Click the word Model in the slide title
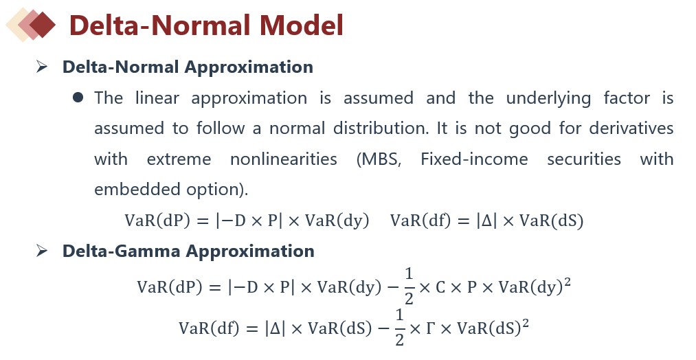302,25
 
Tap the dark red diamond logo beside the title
42,25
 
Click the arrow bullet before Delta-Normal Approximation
42,67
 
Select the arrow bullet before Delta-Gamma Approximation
42,251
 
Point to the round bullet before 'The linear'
78,97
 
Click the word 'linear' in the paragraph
157,98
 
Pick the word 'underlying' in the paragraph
549,98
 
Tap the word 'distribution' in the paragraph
381,128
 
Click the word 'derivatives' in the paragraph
631,128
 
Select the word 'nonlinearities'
284,159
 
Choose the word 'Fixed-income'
474,159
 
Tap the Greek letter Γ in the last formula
431,328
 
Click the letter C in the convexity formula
440,287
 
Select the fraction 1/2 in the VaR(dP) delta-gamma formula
409,286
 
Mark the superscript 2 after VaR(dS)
526,323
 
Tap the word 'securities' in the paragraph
584,159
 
